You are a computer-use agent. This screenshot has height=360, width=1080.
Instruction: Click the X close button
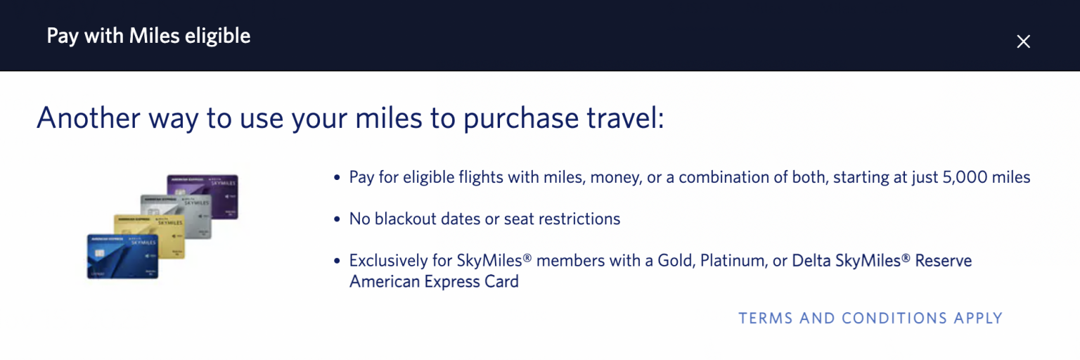1023,41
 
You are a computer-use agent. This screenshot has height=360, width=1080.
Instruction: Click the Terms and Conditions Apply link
870,319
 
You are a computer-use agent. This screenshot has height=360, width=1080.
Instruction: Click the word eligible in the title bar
217,36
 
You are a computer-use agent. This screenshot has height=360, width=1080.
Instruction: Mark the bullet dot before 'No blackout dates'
337,219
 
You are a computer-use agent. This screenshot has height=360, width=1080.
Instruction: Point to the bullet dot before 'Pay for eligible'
337,178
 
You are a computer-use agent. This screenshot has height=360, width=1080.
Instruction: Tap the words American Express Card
434,282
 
